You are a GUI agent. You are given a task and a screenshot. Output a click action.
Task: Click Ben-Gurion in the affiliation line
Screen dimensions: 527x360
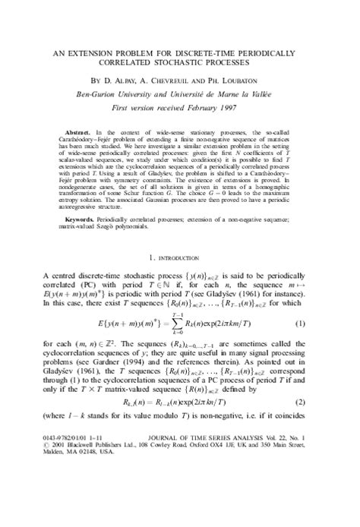click(123, 93)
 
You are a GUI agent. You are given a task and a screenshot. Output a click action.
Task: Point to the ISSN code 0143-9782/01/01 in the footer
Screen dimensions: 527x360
click(74, 493)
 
